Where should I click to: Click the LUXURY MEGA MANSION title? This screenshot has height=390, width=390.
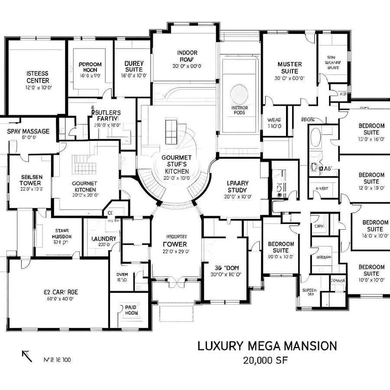click(267, 346)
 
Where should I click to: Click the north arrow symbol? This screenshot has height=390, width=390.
click(27, 356)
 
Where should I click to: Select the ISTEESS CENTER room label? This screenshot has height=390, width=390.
click(38, 77)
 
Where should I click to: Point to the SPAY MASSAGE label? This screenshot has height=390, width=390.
click(28, 131)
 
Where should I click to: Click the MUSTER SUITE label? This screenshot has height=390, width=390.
click(289, 68)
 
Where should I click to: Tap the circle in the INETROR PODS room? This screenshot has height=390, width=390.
click(239, 93)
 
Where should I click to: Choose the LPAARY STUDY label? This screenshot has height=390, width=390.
click(237, 186)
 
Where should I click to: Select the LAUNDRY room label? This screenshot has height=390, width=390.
click(104, 239)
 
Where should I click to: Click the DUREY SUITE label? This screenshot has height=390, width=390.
click(133, 66)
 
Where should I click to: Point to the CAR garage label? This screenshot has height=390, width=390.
click(61, 292)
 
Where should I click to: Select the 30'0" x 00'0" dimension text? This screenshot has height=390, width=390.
click(289, 78)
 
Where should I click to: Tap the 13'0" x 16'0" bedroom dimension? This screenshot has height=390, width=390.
click(371, 139)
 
